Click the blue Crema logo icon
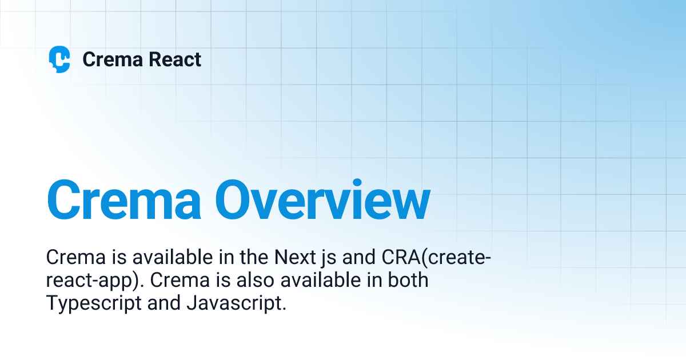[x=59, y=59]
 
